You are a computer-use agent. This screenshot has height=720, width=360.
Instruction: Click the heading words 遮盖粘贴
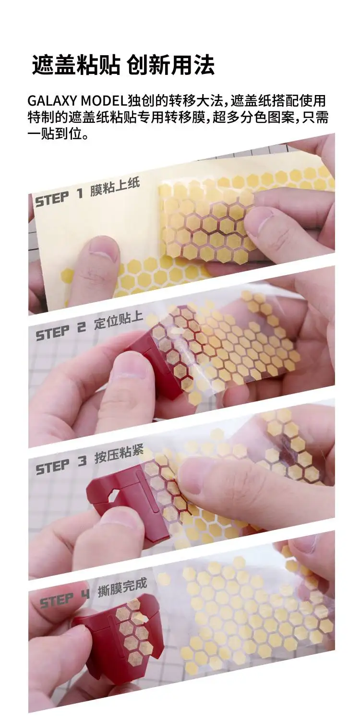tap(76, 65)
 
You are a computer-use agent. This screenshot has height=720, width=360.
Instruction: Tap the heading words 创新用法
tap(171, 65)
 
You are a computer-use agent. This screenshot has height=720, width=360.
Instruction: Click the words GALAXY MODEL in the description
tap(77, 101)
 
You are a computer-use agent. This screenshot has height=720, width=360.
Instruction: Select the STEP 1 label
tap(60, 197)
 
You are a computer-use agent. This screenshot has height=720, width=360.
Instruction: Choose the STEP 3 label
tap(61, 465)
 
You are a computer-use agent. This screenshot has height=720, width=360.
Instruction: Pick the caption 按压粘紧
tap(119, 454)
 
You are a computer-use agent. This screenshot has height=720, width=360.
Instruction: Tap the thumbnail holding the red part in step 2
tap(128, 371)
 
